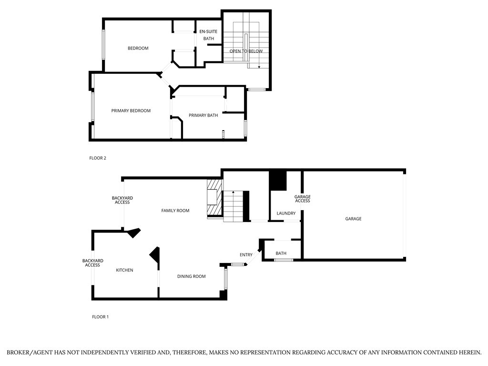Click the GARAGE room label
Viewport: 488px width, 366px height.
tap(353, 219)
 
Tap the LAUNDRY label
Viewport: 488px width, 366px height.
tap(286, 213)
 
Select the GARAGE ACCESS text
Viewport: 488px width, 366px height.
tap(302, 199)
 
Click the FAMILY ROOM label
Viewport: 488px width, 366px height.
tap(175, 210)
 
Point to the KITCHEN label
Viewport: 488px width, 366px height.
tap(124, 270)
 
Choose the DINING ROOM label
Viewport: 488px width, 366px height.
tap(191, 276)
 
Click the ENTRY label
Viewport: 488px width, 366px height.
tap(246, 255)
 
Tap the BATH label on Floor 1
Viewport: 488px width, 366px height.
tap(281, 253)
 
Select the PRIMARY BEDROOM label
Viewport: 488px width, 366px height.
tap(131, 111)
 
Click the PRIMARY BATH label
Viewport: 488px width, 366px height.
tap(203, 115)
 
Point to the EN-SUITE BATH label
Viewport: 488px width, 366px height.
tap(208, 35)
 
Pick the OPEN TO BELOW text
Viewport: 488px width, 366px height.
tap(246, 51)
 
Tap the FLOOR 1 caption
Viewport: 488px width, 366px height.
tap(100, 317)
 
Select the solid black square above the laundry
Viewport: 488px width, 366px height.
tap(277, 181)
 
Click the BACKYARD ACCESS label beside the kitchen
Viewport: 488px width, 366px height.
tap(92, 263)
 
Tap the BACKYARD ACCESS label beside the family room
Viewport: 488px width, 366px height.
tap(122, 200)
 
